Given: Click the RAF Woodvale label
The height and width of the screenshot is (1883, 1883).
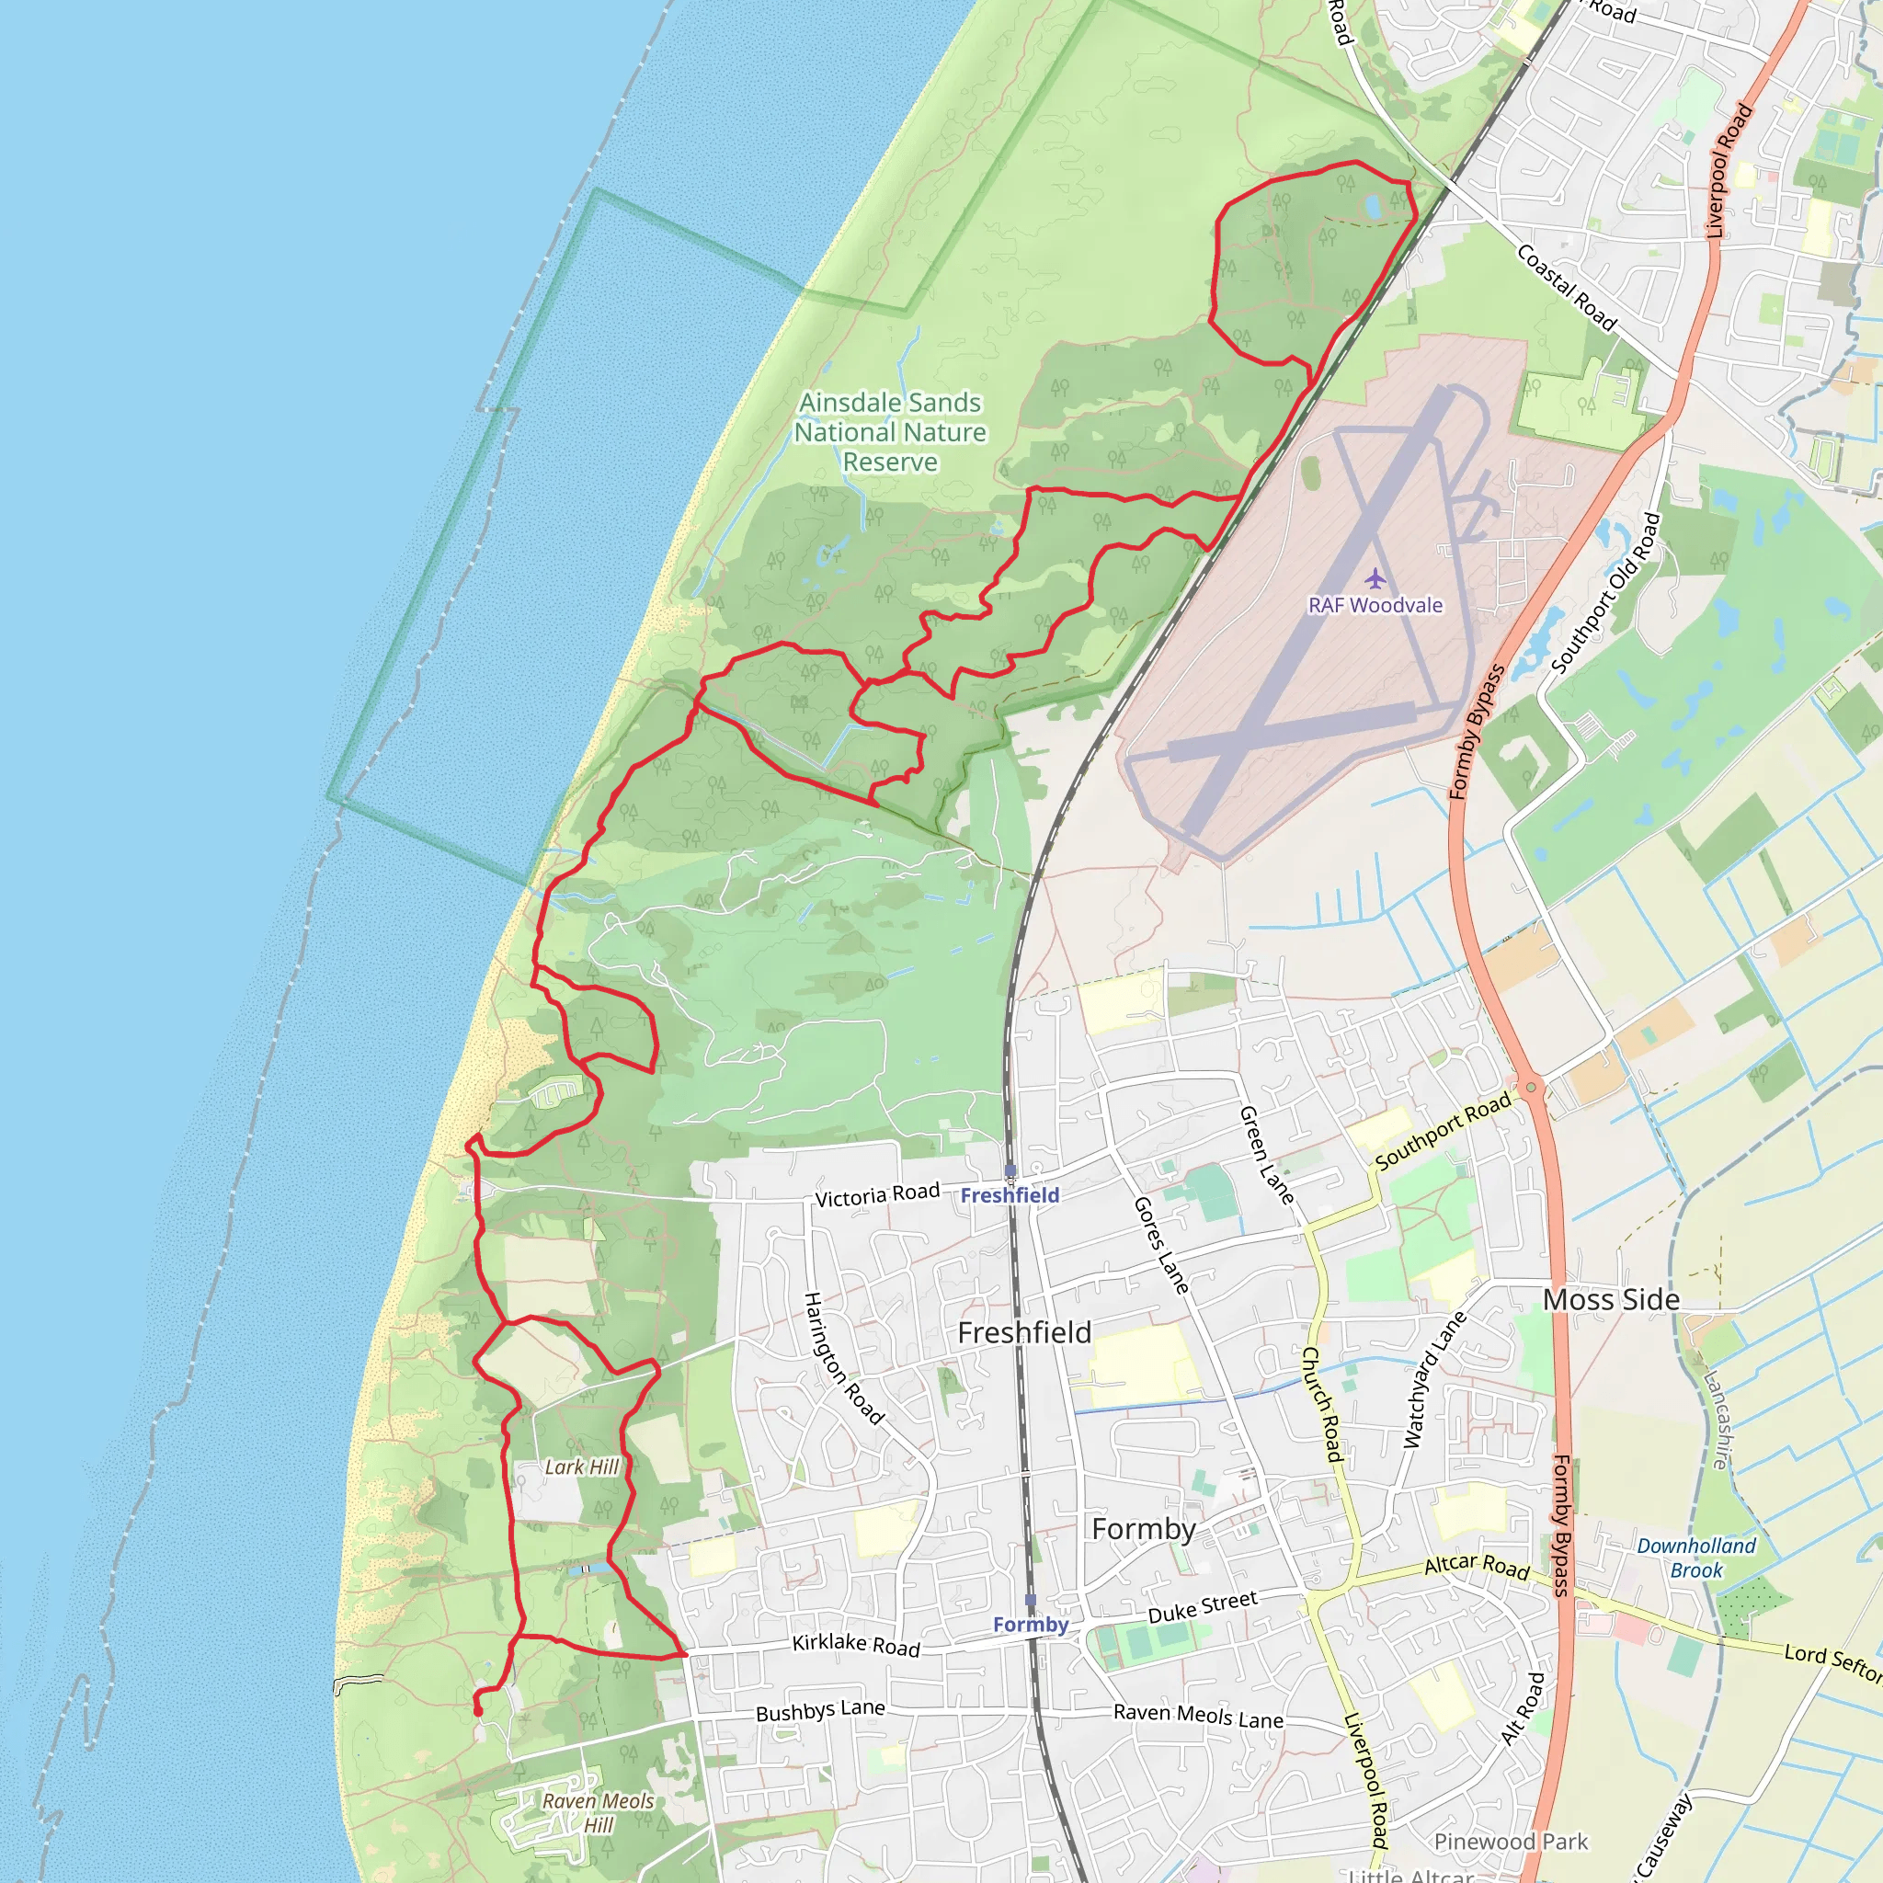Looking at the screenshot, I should (1375, 605).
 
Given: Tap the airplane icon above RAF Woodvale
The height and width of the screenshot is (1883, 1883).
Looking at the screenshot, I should (1375, 580).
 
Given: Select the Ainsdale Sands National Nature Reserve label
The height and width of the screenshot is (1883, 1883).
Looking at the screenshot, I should (890, 432).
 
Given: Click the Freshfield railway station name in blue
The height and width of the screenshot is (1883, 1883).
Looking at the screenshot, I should (1010, 1195).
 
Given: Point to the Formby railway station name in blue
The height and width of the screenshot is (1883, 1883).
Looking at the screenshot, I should (1030, 1624).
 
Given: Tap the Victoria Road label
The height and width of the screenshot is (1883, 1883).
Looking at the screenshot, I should (877, 1195).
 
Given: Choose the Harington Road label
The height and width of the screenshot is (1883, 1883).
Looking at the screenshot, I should (843, 1359).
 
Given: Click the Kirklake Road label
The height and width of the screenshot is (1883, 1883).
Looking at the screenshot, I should (856, 1645).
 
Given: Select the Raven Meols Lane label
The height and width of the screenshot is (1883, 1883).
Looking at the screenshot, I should (1198, 1716).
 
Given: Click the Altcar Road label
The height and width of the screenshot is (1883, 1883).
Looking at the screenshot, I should (1476, 1566).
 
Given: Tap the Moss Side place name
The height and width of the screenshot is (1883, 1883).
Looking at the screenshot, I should (1611, 1300).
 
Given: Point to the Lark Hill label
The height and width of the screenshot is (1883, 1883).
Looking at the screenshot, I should (582, 1466).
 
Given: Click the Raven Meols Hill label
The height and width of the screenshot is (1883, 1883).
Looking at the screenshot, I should (598, 1813).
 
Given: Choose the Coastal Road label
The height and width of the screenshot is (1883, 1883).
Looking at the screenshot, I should (1566, 288).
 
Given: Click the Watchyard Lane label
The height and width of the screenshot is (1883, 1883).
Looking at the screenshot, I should (1433, 1379).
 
